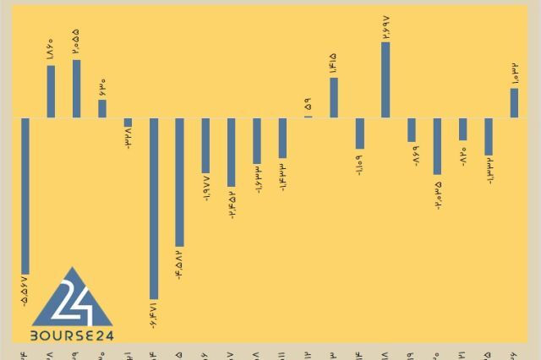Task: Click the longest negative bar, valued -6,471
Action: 154,207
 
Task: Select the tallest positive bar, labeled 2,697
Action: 385,79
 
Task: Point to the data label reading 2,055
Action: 77,41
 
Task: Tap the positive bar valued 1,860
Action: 51,91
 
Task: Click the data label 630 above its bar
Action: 102,85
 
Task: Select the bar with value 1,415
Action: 334,97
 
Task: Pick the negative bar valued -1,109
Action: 360,134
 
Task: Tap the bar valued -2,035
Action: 437,145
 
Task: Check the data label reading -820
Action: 463,155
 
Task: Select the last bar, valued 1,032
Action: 514,103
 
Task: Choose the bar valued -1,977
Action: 205,145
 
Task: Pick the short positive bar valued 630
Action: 102,108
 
